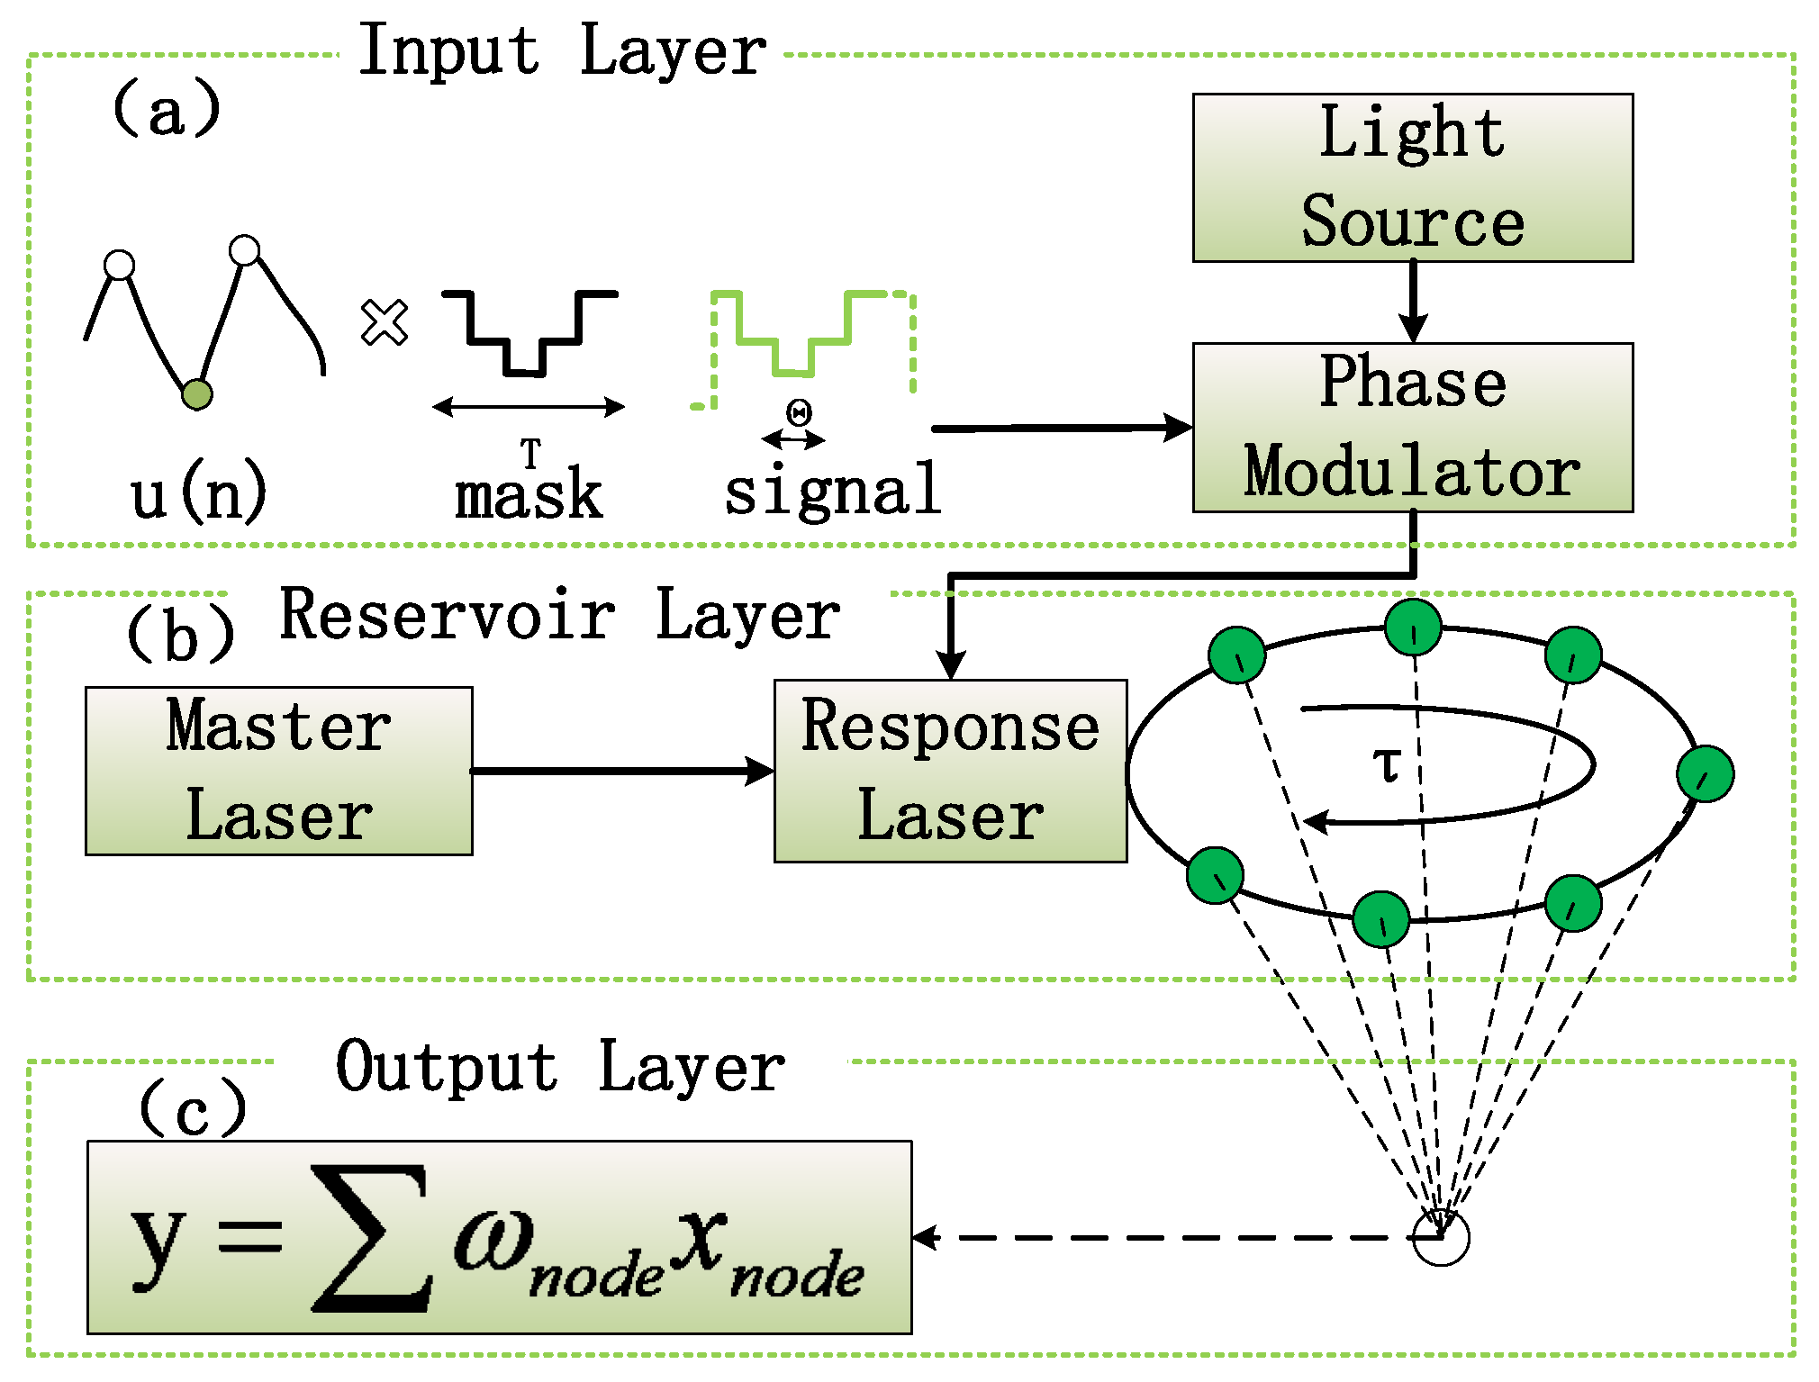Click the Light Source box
coord(1412,177)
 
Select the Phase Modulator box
coord(1412,427)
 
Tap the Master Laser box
coord(278,771)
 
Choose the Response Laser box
coord(950,771)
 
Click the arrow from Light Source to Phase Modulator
coord(1413,302)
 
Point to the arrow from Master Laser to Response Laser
coord(621,771)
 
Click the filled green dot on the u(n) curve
coord(197,394)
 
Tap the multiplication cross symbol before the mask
coord(385,322)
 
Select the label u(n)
coord(198,493)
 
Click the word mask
coord(529,495)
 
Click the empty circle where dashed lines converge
coord(1441,1238)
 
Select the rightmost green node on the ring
coord(1706,773)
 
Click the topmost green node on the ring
coord(1413,627)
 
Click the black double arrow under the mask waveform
coord(529,407)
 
